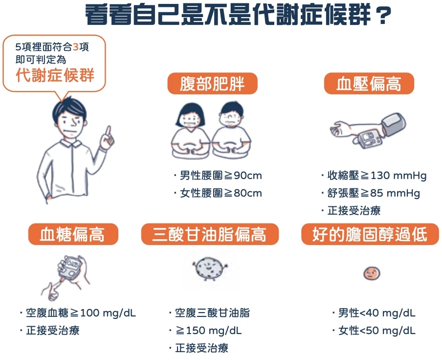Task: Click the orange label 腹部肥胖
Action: click(x=212, y=84)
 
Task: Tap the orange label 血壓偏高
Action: click(x=369, y=84)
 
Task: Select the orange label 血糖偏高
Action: click(x=73, y=234)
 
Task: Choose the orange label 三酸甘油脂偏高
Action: click(x=210, y=234)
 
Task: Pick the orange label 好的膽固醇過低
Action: click(x=370, y=234)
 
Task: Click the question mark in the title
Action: click(x=383, y=16)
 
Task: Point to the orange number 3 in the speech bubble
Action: click(x=76, y=47)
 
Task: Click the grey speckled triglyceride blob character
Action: click(x=210, y=268)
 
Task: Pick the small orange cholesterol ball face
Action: click(x=372, y=273)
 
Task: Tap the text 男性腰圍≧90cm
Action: click(x=221, y=175)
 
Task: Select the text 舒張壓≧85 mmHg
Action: click(x=374, y=193)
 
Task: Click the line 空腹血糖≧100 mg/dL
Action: click(x=81, y=313)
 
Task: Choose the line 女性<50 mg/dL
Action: click(x=376, y=330)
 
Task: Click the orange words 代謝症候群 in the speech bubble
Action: click(x=55, y=75)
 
